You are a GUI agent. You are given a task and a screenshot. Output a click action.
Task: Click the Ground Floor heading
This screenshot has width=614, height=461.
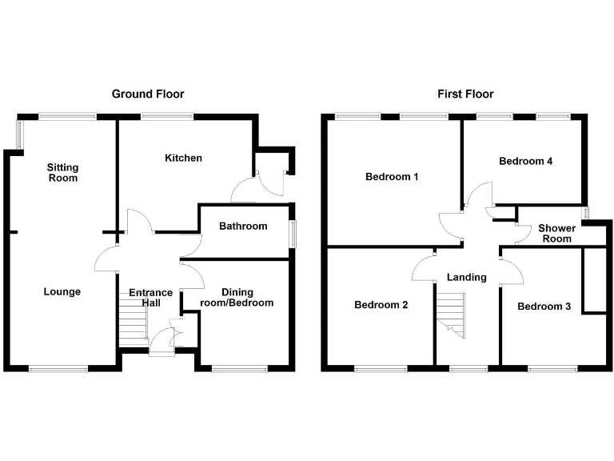click(148, 94)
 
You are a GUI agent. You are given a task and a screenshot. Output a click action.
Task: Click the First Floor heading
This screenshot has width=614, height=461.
click(465, 94)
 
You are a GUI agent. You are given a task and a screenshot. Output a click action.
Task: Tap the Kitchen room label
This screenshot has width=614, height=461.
click(183, 158)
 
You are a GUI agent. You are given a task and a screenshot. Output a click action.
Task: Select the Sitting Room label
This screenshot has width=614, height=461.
click(62, 173)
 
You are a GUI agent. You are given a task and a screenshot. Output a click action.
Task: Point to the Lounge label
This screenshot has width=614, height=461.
click(62, 291)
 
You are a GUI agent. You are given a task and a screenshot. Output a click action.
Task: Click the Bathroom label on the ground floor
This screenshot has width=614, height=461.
click(243, 226)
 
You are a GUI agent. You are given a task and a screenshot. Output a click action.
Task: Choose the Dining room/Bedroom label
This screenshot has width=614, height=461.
click(237, 298)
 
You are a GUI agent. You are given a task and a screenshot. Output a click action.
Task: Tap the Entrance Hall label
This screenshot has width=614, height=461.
click(151, 298)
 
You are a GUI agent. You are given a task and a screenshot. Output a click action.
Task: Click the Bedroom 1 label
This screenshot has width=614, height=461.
click(392, 177)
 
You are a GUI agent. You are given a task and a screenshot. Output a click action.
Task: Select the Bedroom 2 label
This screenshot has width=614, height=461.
click(381, 305)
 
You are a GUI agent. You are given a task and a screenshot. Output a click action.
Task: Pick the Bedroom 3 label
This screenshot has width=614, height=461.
click(544, 307)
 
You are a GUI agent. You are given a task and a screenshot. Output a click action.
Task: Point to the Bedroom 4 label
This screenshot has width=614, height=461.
click(525, 161)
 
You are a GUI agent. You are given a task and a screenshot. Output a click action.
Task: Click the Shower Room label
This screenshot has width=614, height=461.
click(556, 234)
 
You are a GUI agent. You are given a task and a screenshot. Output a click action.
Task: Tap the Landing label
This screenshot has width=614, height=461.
click(467, 278)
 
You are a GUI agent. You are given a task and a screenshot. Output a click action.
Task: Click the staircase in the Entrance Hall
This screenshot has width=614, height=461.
click(133, 319)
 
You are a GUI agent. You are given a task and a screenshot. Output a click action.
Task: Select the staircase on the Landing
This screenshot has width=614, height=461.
click(451, 315)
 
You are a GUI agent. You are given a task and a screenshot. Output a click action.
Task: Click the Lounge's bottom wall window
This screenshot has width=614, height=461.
click(58, 368)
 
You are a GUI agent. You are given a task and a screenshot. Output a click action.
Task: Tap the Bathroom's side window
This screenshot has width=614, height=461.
click(293, 234)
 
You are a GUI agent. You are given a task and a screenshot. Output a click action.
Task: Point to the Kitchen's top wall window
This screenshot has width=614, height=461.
click(167, 116)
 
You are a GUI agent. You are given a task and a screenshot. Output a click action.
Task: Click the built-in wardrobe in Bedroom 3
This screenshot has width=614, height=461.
click(595, 280)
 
